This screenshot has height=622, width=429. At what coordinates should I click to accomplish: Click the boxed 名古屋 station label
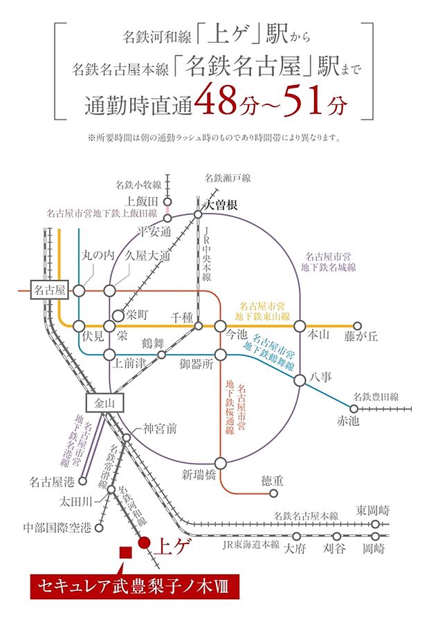click(x=50, y=291)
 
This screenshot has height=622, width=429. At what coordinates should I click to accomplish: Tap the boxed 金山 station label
click(x=103, y=403)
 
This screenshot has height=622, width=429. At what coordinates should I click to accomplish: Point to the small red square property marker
click(x=125, y=552)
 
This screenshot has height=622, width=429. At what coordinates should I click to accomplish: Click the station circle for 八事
click(x=300, y=380)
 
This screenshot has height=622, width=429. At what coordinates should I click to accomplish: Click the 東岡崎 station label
click(x=373, y=511)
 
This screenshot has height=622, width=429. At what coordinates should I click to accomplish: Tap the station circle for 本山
click(x=300, y=326)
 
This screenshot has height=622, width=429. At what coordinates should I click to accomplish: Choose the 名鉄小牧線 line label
click(x=138, y=185)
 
